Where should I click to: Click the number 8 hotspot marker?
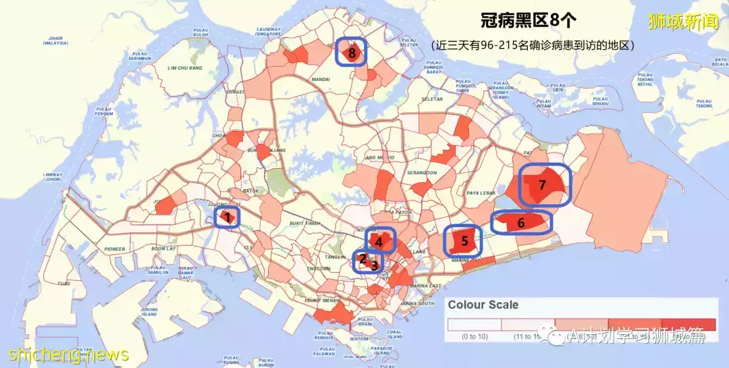pyautogui.click(x=352, y=52)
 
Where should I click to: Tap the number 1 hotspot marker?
pyautogui.click(x=227, y=217)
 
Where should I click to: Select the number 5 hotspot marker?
pyautogui.click(x=464, y=240)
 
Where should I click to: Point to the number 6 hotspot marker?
pyautogui.click(x=521, y=222)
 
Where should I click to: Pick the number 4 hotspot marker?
pyautogui.click(x=380, y=240)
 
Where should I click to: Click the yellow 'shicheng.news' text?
pyautogui.click(x=69, y=354)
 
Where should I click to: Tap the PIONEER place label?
pyautogui.click(x=114, y=249)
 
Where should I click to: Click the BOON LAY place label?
pyautogui.click(x=163, y=248)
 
